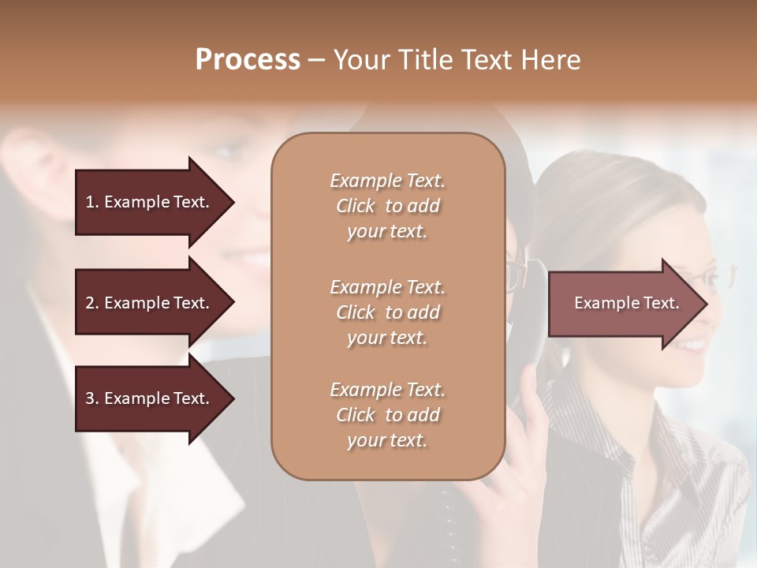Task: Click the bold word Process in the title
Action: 248,60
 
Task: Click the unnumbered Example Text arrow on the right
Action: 623,303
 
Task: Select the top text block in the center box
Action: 387,206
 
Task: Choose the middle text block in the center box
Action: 387,312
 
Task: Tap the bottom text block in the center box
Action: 387,415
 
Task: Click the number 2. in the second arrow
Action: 91,303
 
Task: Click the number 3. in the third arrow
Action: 91,398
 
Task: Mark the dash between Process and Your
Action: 316,60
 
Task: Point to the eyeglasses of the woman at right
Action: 710,278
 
